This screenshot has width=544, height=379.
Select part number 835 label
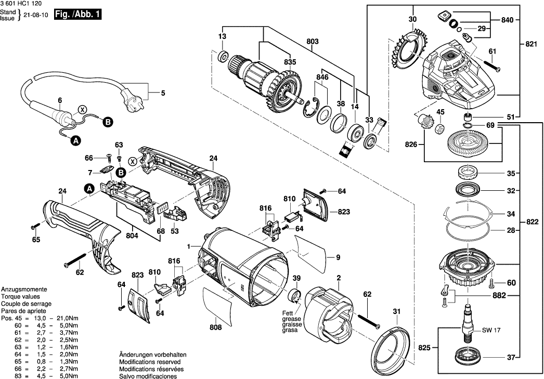tap(290, 62)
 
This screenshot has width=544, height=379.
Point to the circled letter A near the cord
tap(75, 140)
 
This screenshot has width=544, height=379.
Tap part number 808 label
tap(215, 328)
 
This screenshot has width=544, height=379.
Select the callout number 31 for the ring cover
tap(397, 311)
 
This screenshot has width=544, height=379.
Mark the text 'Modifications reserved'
tap(150, 361)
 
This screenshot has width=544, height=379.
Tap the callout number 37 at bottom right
tap(512, 357)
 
